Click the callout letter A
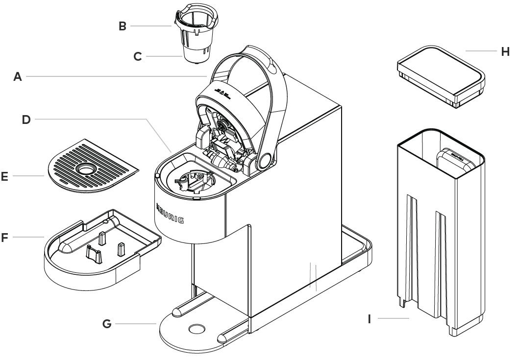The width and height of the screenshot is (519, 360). coord(18,76)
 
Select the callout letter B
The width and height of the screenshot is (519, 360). coord(123,26)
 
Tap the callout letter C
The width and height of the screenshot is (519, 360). coord(138,57)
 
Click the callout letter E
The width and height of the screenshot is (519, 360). coord(5,176)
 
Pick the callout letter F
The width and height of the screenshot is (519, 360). coord(5,238)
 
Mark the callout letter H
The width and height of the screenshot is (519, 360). coord(505,50)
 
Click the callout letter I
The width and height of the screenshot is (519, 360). coord(369,319)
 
